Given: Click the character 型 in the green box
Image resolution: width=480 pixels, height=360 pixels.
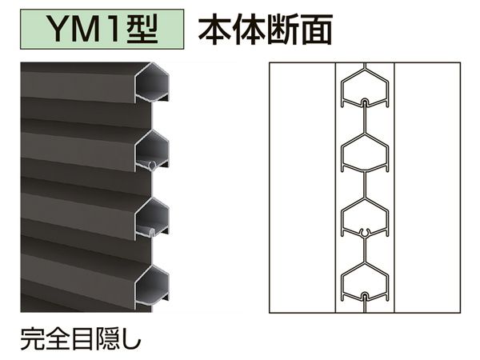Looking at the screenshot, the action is (x=142, y=29).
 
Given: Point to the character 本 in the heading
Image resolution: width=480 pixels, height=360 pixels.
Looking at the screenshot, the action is (x=215, y=30).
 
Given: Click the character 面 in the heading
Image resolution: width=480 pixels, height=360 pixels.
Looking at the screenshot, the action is (x=317, y=30).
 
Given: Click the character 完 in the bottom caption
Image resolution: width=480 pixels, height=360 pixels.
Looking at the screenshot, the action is (x=33, y=338).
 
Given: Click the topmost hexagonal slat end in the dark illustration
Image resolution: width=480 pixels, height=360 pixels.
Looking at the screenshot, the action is (x=152, y=82).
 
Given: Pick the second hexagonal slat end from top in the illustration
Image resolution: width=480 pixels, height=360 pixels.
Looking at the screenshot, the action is (x=152, y=150).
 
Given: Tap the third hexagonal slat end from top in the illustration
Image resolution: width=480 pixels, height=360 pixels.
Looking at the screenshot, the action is (x=152, y=218).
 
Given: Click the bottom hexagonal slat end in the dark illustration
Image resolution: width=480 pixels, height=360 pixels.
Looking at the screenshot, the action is (x=152, y=286).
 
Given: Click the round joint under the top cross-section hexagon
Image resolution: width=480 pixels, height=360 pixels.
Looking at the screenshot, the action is (x=365, y=102).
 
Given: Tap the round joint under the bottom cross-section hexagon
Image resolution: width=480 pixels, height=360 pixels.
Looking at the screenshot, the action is (x=365, y=296).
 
